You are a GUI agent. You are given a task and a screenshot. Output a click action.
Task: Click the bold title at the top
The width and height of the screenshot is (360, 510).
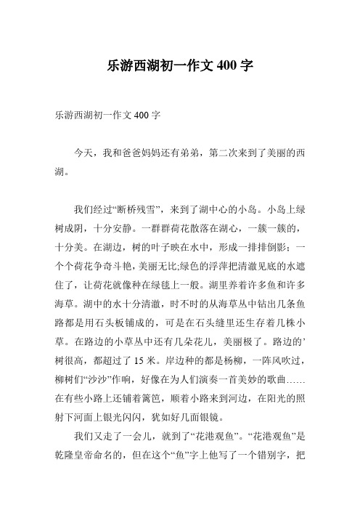click(x=179, y=65)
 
